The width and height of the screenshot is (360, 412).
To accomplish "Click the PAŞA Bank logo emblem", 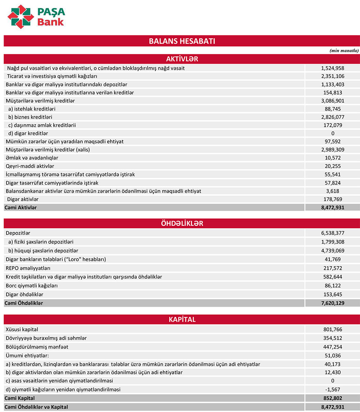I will pos(21,17).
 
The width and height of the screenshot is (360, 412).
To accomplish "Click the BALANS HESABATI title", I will pos(182,41).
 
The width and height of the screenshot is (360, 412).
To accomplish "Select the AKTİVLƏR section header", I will pos(182,59).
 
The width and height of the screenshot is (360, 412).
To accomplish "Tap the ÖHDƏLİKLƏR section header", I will pos(182,223).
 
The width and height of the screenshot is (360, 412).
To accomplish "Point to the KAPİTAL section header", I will pos(182,319).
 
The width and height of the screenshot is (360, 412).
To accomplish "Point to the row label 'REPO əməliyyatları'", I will pos(28,268).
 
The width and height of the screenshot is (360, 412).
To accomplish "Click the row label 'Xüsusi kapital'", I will pos(22,329).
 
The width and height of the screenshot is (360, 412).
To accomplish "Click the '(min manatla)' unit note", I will pos(344,51).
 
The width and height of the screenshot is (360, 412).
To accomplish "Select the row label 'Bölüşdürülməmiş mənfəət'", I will pos(37,347).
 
